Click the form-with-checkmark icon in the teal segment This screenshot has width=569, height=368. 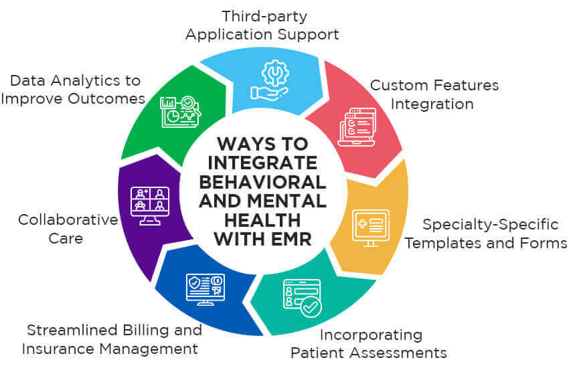[301, 296]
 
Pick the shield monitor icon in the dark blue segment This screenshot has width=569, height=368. [206, 289]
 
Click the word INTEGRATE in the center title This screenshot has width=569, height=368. [263, 163]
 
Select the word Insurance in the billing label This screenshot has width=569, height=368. [55, 349]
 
